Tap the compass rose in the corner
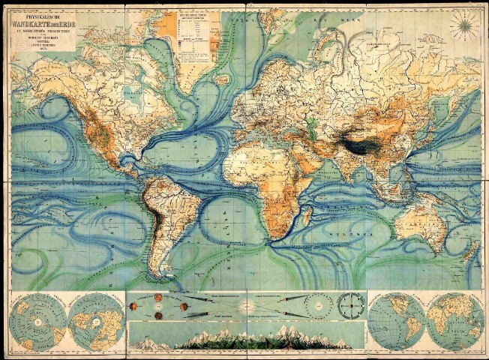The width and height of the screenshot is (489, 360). click(464, 25)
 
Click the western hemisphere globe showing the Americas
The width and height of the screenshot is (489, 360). click(395, 322)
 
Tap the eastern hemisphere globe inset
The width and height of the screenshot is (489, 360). click(453, 322)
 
